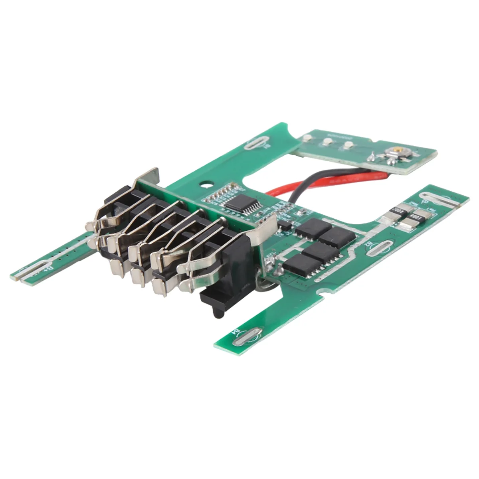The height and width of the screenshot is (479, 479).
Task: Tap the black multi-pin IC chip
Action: [x=236, y=203]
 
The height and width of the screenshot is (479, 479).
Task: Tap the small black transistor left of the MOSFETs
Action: [x=285, y=226]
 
